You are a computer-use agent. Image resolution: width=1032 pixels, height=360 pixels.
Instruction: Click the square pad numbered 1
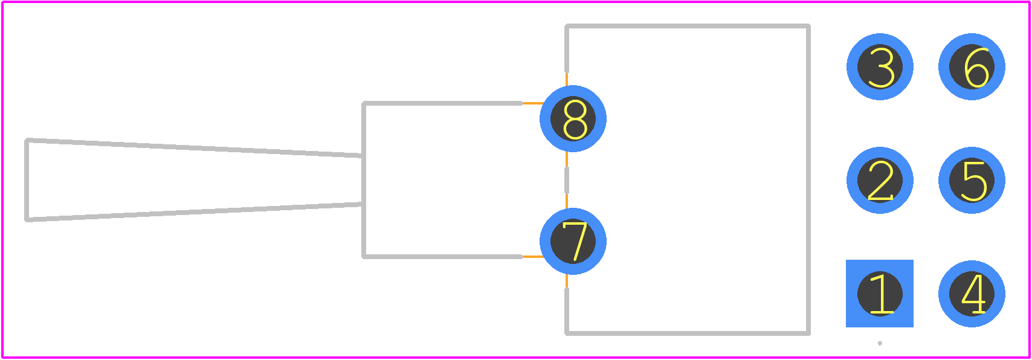880,294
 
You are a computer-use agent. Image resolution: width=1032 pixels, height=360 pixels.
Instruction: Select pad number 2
880,181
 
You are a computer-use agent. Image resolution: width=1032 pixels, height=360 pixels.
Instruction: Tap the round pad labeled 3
880,67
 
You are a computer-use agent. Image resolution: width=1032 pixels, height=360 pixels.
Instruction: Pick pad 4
972,294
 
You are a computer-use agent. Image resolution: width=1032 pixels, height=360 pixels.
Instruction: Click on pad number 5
972,181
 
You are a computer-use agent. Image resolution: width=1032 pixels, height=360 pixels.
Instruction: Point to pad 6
972,67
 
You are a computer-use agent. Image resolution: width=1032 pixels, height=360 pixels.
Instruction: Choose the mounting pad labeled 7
573,241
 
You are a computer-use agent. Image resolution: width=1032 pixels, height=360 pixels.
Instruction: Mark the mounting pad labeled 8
573,119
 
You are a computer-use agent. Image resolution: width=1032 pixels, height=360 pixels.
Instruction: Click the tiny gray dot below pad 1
880,344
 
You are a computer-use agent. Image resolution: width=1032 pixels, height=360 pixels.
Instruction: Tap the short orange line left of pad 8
532,103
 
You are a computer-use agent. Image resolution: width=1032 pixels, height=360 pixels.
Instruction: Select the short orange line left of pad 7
532,257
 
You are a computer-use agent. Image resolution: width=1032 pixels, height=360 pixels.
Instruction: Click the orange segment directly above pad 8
567,79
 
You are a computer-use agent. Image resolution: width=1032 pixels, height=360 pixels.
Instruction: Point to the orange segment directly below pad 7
567,281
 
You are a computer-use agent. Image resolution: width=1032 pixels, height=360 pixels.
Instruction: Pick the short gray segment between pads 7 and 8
567,181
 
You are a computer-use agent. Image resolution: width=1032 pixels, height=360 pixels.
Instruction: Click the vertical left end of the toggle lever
27,180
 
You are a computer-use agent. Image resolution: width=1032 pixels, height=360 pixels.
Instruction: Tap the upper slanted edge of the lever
194,148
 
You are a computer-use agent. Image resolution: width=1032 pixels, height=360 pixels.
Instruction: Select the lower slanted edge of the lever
194,212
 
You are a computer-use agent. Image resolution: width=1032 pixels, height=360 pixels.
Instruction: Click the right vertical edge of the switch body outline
808,179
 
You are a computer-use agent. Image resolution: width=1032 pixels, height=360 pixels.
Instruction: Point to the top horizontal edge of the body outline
688,26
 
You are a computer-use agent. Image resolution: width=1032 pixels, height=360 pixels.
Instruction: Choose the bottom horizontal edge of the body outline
688,333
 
